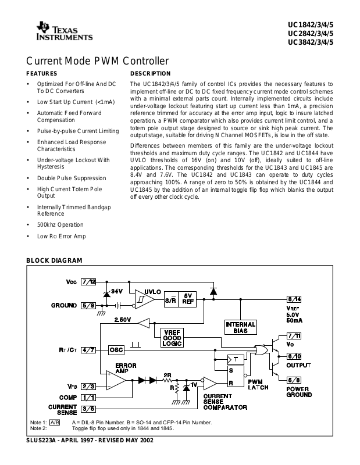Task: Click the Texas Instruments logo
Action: (65, 31)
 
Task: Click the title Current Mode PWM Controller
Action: (97, 61)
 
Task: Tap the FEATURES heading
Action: (42, 74)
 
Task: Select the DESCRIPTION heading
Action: (151, 74)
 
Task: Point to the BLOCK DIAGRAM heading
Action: (54, 260)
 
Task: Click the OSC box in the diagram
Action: (116, 350)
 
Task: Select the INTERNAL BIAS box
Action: (240, 327)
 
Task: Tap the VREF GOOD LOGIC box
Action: (172, 338)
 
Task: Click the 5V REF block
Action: (188, 299)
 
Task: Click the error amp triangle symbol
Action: (116, 380)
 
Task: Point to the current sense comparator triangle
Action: (209, 384)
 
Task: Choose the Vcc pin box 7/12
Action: (88, 282)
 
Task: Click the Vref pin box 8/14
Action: (294, 299)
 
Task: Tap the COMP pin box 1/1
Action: (88, 398)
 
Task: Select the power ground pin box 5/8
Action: (294, 380)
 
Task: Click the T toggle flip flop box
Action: (236, 359)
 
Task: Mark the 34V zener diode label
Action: (117, 292)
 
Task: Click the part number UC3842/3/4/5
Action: (311, 42)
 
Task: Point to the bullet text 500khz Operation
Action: (60, 225)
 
